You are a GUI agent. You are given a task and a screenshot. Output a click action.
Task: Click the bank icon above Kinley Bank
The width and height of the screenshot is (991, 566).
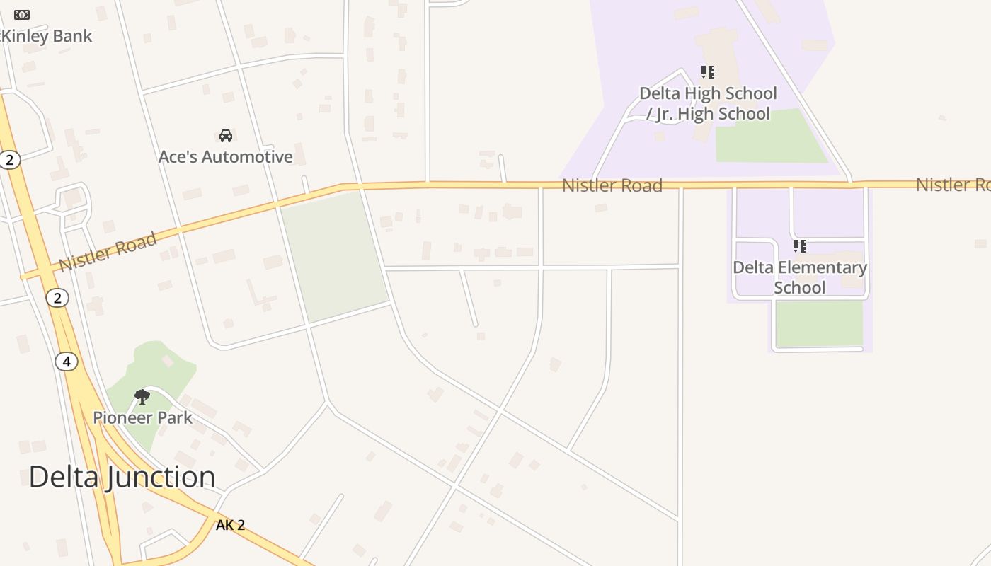tap(22, 15)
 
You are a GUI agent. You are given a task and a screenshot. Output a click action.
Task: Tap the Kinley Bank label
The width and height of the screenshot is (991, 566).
tap(47, 36)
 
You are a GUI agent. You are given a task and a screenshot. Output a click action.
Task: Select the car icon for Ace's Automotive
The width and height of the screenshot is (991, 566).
tap(226, 136)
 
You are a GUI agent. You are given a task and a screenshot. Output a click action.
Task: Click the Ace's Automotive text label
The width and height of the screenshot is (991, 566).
tap(225, 157)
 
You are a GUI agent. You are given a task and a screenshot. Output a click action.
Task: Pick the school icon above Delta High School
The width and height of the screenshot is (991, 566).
tap(707, 72)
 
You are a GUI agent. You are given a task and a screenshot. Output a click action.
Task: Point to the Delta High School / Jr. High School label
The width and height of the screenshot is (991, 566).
tap(708, 103)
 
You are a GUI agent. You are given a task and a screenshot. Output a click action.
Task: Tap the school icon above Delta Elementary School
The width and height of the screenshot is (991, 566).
tap(799, 246)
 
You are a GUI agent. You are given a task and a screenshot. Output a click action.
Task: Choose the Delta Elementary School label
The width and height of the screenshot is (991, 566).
tap(800, 277)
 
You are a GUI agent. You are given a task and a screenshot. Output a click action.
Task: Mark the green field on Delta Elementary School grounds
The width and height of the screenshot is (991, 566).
tap(819, 323)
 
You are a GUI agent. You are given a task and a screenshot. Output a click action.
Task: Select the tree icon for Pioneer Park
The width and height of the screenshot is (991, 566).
tap(142, 396)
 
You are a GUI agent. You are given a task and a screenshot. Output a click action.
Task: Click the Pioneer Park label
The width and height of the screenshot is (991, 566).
tap(142, 418)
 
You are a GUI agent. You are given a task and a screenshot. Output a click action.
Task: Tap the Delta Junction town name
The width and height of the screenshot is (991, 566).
tap(122, 477)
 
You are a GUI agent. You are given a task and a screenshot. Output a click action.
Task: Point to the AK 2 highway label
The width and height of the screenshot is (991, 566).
tap(230, 525)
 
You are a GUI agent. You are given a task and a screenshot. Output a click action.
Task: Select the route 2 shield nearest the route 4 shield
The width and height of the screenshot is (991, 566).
tap(57, 298)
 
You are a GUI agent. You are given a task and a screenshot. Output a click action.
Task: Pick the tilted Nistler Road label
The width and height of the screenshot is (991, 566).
tap(108, 251)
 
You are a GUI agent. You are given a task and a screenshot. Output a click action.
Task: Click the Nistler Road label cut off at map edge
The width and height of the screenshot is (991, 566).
tap(953, 185)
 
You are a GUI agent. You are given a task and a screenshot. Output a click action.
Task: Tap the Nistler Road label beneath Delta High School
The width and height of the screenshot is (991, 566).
tap(612, 186)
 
